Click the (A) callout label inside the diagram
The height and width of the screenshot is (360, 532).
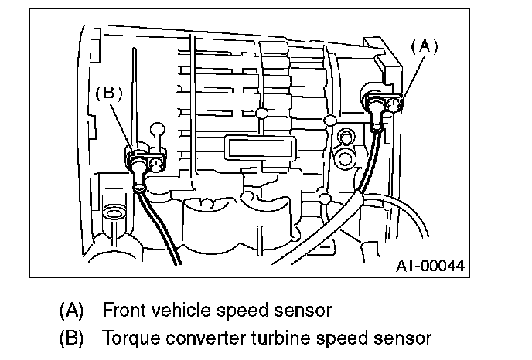[x=424, y=46]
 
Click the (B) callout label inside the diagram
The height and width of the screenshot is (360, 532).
[x=108, y=93]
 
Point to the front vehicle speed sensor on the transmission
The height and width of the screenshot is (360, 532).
[x=385, y=103]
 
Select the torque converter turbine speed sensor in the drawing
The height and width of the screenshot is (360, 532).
[x=145, y=163]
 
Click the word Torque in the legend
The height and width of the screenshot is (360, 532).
[x=128, y=338]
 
